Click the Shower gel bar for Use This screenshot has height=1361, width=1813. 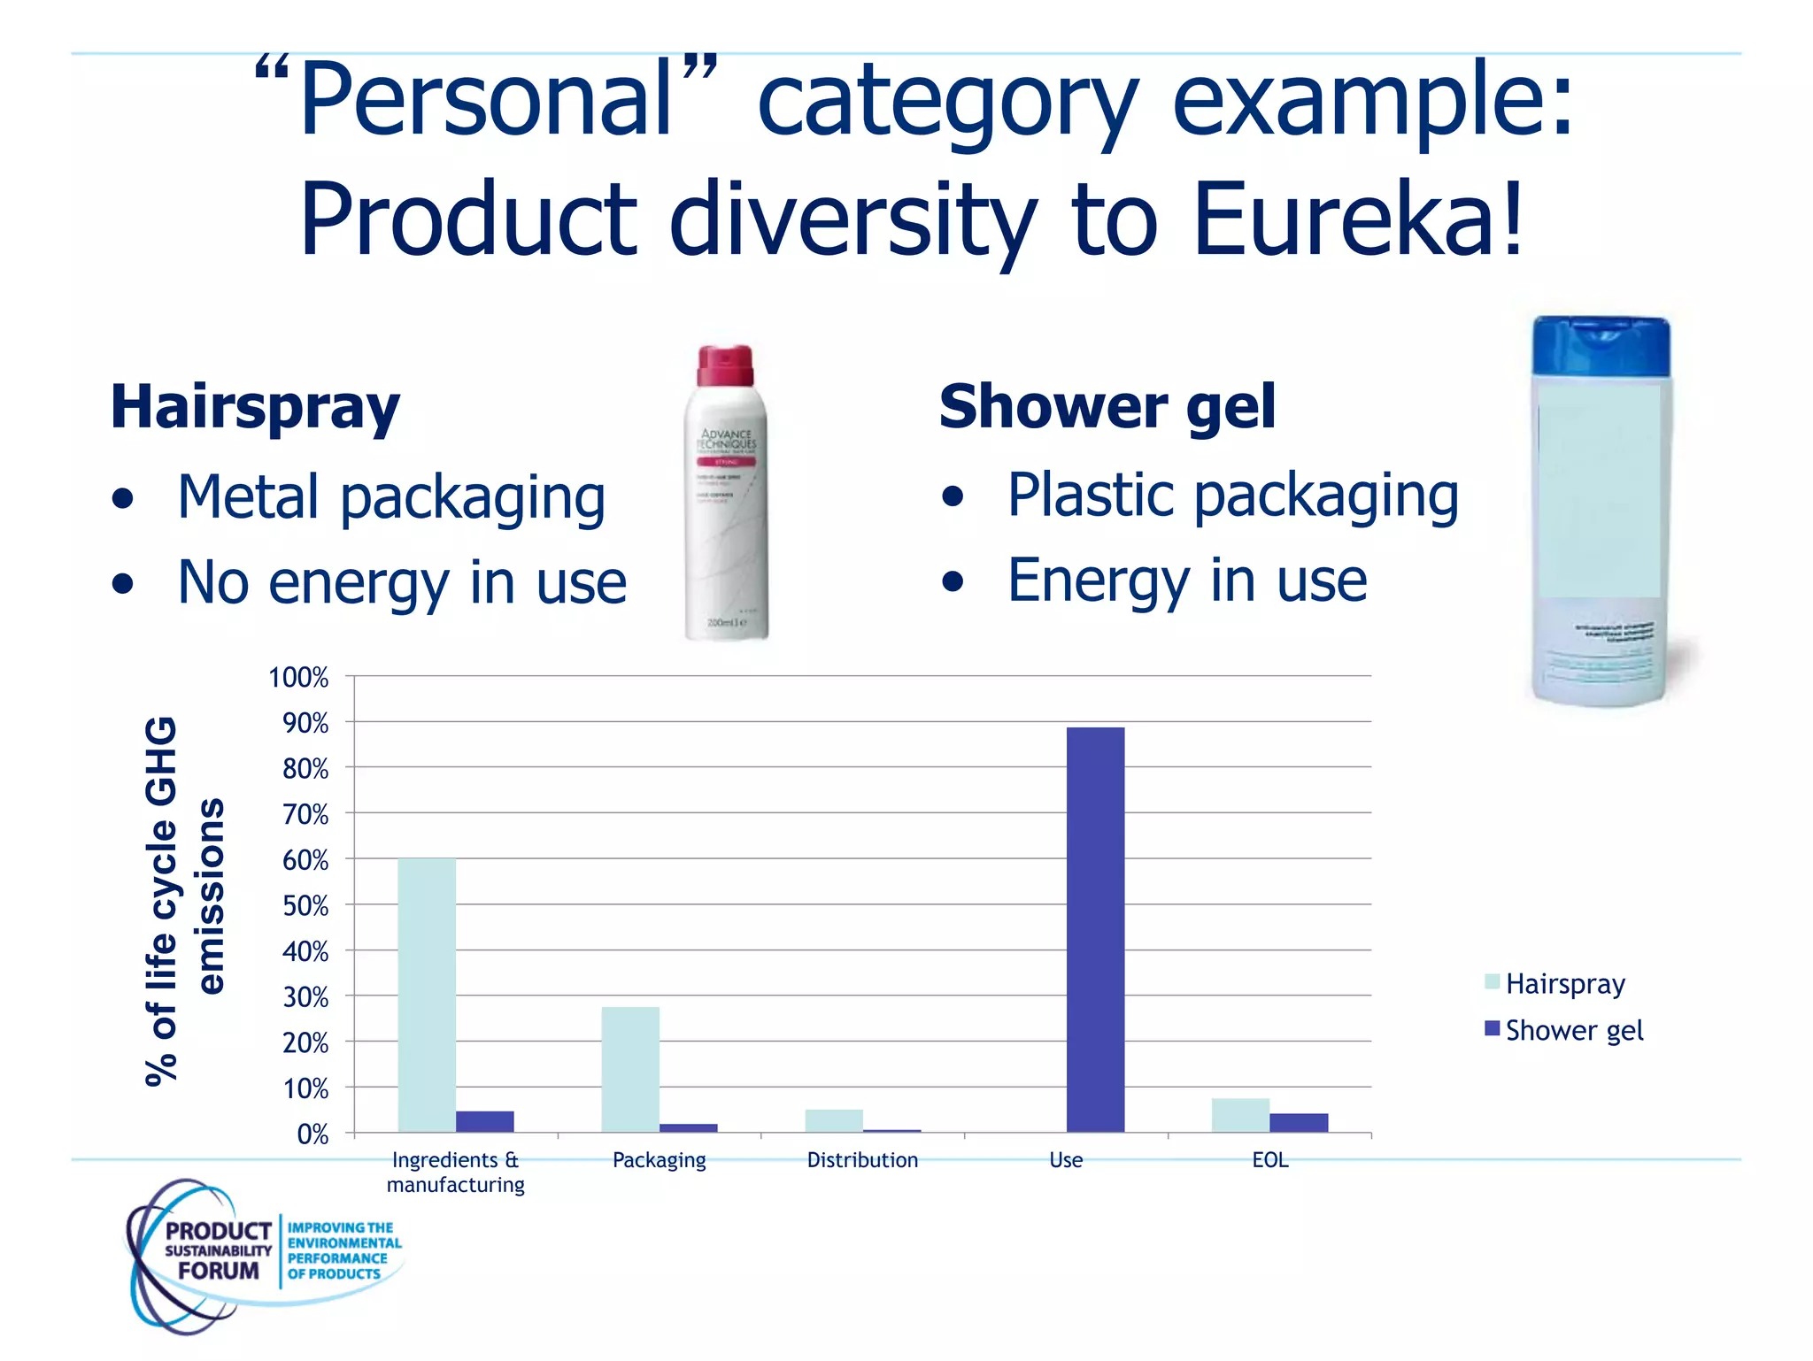pos(1095,929)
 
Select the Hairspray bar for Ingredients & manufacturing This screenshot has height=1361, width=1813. pos(427,995)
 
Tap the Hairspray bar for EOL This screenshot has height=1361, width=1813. pos(1240,1115)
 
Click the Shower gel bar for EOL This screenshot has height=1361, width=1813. pos(1299,1122)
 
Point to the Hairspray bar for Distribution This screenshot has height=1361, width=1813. pos(834,1120)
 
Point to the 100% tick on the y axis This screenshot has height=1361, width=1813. pos(299,678)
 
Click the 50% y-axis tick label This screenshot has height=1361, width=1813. pos(305,906)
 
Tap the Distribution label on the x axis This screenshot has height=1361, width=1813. pos(862,1160)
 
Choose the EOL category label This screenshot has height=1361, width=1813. pos(1269,1160)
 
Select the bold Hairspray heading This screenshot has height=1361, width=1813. pos(255,407)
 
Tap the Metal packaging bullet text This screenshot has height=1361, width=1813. pos(391,497)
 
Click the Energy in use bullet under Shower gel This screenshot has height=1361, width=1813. pos(1186,581)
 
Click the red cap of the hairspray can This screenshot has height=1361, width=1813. pos(725,365)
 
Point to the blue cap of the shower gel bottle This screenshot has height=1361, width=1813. pos(1601,345)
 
